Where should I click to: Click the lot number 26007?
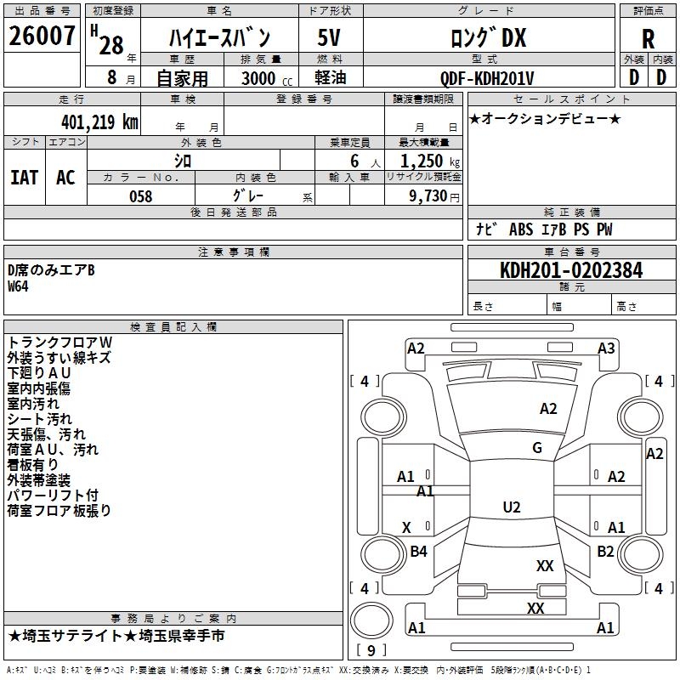(42, 37)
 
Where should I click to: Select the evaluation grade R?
(648, 39)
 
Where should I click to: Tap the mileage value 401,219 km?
(99, 122)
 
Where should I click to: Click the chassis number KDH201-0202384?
(571, 270)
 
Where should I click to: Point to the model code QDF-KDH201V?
(487, 78)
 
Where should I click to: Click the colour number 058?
(140, 196)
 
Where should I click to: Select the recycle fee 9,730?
(422, 196)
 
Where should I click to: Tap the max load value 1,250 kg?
(422, 161)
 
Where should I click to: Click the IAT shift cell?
(24, 177)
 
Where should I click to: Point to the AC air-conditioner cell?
(65, 177)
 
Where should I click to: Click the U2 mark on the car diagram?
(511, 507)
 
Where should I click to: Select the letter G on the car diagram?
(536, 448)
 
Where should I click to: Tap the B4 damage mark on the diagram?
(418, 552)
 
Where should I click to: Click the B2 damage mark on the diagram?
(605, 552)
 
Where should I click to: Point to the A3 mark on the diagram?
(605, 348)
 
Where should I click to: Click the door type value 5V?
(331, 39)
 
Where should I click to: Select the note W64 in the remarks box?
(18, 286)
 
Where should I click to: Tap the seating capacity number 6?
(352, 161)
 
